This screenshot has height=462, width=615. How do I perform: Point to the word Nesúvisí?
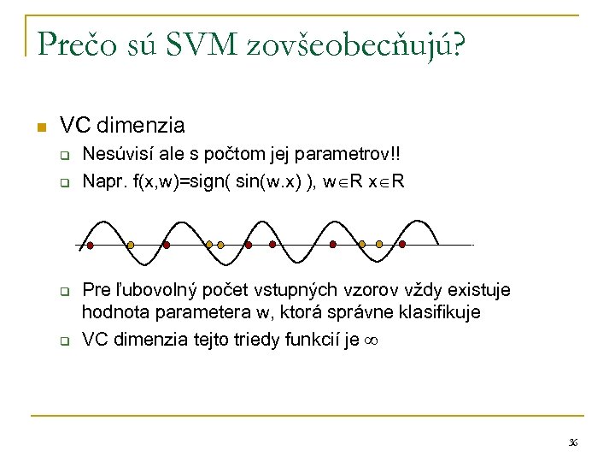click(x=116, y=156)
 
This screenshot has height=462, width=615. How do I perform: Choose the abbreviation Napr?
click(x=102, y=181)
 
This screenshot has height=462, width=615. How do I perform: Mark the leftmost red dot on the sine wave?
click(x=90, y=245)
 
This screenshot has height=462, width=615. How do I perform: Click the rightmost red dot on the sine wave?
click(x=402, y=245)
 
